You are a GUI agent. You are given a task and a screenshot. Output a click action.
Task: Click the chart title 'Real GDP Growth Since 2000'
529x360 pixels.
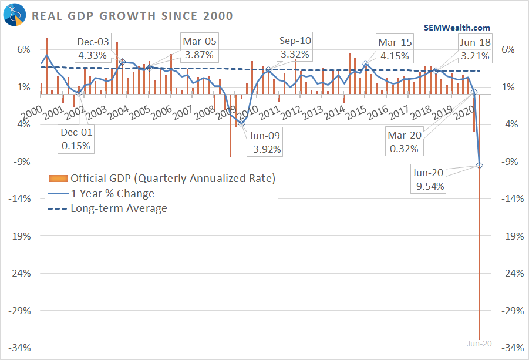pyautogui.click(x=132, y=15)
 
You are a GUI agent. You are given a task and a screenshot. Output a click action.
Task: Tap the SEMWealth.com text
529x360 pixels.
pyautogui.click(x=457, y=28)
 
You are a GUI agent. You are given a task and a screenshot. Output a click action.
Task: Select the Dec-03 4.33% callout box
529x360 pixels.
pyautogui.click(x=92, y=48)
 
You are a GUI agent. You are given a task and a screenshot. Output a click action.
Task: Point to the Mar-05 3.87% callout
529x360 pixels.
pyautogui.click(x=199, y=48)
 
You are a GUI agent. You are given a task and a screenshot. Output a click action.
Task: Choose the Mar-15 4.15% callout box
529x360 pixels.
pyautogui.click(x=395, y=48)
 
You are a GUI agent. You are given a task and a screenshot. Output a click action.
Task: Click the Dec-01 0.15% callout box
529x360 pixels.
pyautogui.click(x=76, y=140)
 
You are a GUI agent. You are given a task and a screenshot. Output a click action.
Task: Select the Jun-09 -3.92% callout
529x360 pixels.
pyautogui.click(x=265, y=143)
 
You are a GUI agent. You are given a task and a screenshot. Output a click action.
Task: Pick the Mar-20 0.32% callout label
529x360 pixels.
pyautogui.click(x=404, y=143)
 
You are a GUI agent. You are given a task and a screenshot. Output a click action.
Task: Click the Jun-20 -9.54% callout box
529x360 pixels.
pyautogui.click(x=429, y=180)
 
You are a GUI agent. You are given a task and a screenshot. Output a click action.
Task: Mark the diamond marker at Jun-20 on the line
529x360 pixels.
pyautogui.click(x=480, y=165)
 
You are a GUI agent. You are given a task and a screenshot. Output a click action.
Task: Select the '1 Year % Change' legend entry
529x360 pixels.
pyautogui.click(x=112, y=193)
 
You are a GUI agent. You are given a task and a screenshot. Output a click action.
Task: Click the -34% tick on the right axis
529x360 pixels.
pyautogui.click(x=511, y=348)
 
